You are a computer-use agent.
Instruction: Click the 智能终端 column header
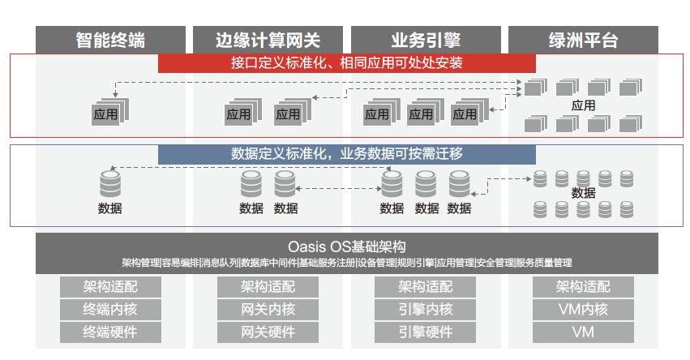[x=110, y=40]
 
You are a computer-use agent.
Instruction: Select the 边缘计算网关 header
[x=268, y=40]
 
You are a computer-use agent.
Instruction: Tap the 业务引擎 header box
[x=426, y=40]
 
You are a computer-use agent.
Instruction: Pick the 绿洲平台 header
[x=583, y=40]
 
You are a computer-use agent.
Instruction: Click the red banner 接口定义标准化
[x=347, y=63]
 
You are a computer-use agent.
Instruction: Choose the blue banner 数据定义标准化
[x=347, y=154]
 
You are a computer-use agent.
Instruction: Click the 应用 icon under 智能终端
[x=110, y=112]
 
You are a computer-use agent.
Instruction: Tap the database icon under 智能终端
[x=110, y=183]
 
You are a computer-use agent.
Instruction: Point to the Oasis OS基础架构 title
[x=347, y=246]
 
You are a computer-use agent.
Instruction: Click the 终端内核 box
[x=110, y=310]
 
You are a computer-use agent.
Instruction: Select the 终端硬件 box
[x=110, y=332]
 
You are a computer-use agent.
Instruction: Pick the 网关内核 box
[x=268, y=310]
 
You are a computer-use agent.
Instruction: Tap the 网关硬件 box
[x=268, y=332]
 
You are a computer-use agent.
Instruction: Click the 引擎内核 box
[x=425, y=310]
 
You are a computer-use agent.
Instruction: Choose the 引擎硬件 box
[x=425, y=332]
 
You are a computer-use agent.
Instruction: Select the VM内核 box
[x=583, y=310]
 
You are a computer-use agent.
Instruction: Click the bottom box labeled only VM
[x=583, y=332]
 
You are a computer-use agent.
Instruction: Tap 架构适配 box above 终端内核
[x=110, y=287]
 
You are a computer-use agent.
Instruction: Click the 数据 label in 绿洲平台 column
[x=583, y=193]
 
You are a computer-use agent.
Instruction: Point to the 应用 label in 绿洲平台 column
[x=583, y=105]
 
